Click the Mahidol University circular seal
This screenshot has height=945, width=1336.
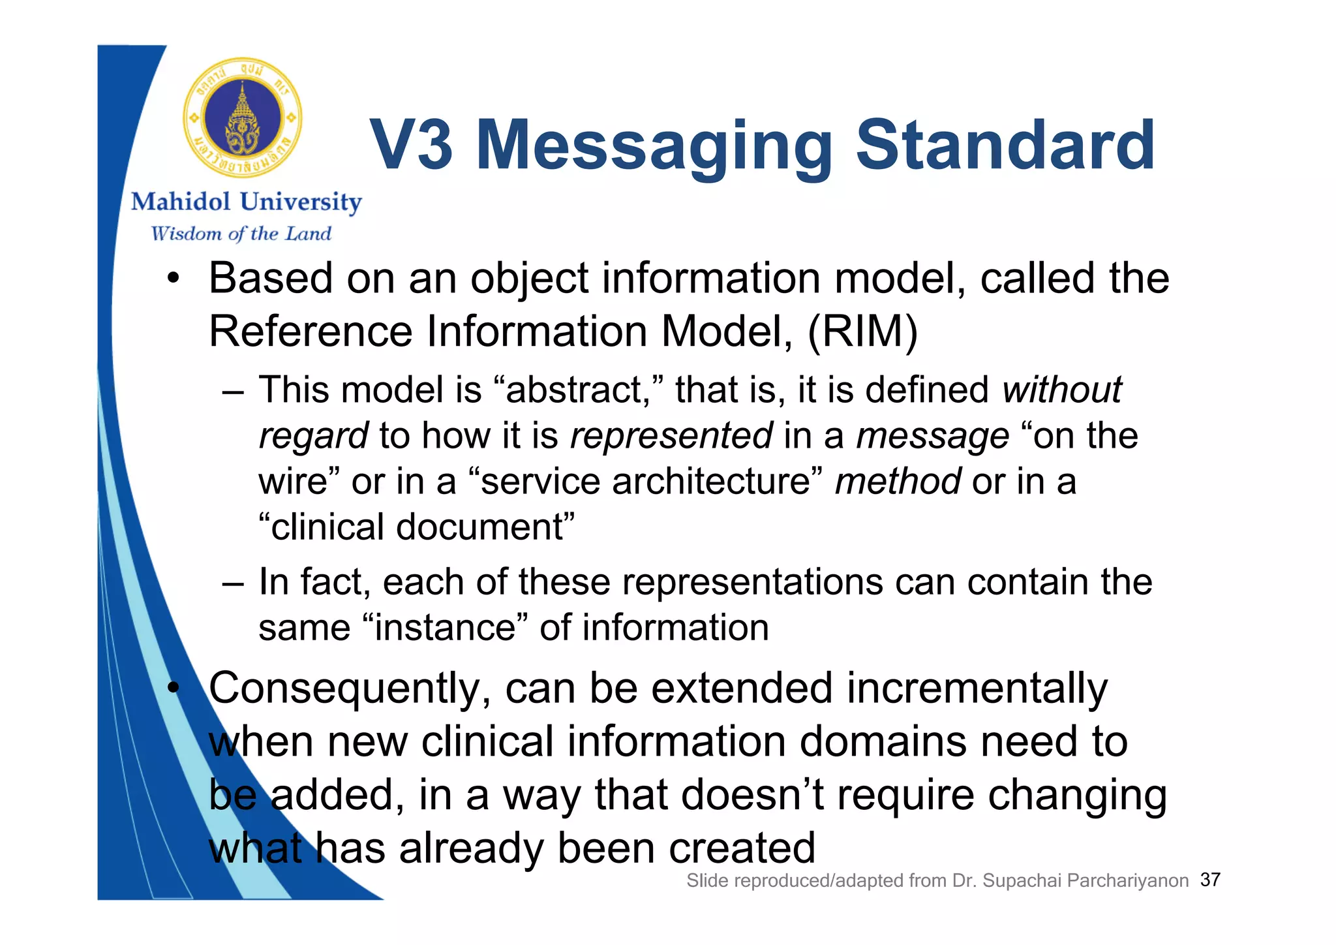tap(243, 118)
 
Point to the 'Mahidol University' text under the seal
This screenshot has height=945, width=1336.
tap(246, 202)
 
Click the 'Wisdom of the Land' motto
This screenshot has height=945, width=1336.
tap(241, 234)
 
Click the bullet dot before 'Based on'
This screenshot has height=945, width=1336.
tap(172, 279)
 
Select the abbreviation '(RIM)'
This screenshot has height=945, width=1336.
tap(862, 332)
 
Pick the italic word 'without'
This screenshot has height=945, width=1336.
tap(1061, 390)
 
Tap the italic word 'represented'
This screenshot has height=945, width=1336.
tap(671, 436)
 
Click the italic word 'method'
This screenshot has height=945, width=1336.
tap(898, 482)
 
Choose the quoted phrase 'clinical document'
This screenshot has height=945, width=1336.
tap(417, 527)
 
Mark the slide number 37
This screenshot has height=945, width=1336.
tap(1210, 880)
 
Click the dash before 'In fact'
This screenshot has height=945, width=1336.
tap(232, 583)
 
